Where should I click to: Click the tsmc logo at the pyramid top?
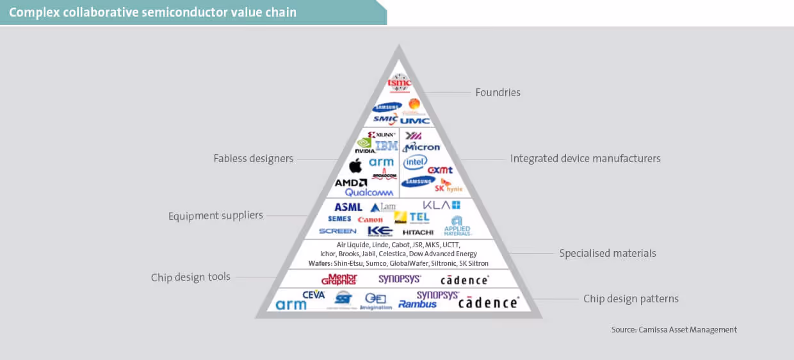399,83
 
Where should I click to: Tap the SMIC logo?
385,119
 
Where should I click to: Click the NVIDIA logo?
364,146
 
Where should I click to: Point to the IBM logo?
387,146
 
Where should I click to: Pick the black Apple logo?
355,166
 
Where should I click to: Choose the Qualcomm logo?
369,192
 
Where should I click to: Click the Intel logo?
415,162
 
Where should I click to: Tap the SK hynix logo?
448,186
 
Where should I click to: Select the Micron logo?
421,147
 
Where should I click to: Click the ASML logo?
348,207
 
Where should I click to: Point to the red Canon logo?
370,220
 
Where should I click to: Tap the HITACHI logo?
418,232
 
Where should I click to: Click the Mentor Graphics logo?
339,279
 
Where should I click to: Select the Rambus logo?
417,304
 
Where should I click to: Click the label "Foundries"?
498,92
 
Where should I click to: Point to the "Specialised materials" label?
607,253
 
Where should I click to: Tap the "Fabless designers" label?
254,158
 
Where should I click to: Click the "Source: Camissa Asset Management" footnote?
674,329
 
